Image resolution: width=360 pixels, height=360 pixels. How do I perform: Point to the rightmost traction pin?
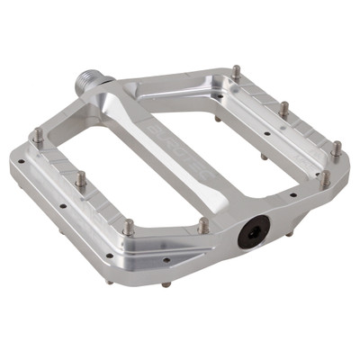[336, 148]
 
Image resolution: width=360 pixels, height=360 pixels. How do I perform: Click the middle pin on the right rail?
[283, 109]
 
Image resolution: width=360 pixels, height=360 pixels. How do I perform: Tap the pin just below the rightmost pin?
[325, 177]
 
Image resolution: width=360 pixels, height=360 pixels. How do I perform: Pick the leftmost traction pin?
[38, 137]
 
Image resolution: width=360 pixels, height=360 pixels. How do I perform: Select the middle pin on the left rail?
[80, 178]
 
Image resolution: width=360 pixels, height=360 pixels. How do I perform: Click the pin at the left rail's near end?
[129, 227]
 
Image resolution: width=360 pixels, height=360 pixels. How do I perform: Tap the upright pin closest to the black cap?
[203, 225]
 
